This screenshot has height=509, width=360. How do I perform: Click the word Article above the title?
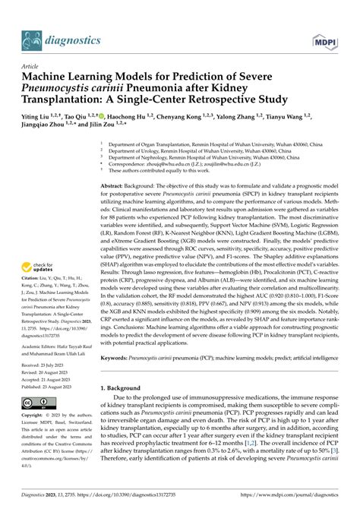32,66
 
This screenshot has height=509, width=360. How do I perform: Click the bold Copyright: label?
35,416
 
